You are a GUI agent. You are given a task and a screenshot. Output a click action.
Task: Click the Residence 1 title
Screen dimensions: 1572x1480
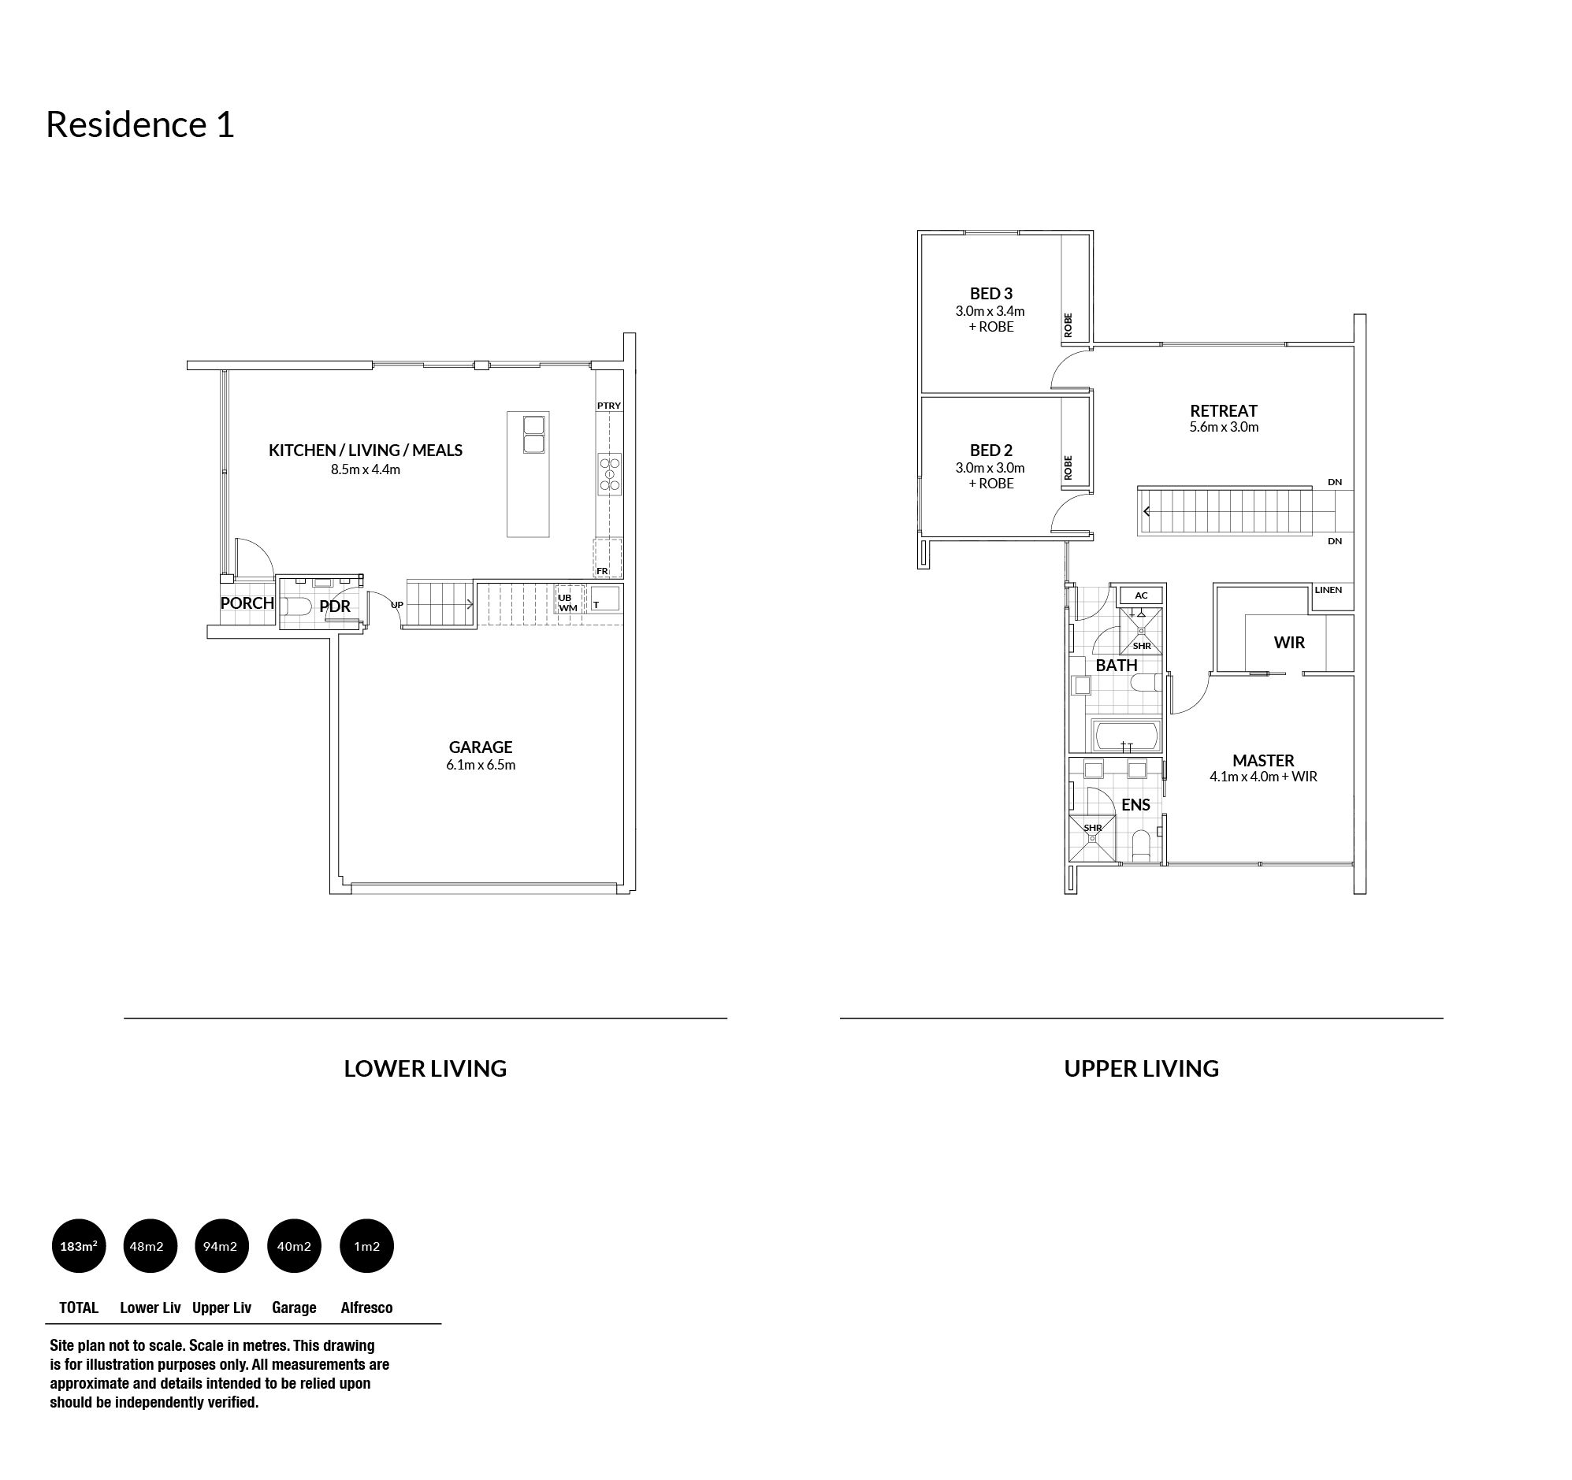click(140, 124)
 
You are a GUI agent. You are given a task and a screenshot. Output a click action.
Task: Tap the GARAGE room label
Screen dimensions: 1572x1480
click(481, 747)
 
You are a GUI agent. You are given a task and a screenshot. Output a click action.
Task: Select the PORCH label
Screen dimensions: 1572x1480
click(247, 603)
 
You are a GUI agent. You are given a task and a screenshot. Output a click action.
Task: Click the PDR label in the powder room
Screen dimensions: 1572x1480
click(334, 606)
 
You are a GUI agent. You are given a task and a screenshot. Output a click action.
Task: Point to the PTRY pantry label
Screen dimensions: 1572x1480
click(609, 406)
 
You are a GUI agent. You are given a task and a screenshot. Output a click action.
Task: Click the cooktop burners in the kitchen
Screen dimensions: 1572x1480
click(610, 473)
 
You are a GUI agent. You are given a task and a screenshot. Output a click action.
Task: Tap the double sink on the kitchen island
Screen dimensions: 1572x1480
click(534, 434)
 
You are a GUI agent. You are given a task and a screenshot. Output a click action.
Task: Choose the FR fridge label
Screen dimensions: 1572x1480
click(603, 571)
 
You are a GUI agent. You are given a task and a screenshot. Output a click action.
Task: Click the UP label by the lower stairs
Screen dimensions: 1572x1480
click(397, 605)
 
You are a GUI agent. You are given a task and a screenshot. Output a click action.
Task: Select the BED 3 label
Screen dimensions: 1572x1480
click(990, 294)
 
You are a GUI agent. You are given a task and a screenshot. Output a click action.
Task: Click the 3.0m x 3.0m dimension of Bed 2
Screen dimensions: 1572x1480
click(990, 467)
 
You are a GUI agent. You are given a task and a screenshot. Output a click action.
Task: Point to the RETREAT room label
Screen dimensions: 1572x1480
click(1223, 410)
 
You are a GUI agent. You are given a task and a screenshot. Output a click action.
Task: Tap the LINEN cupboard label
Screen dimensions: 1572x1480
click(1329, 590)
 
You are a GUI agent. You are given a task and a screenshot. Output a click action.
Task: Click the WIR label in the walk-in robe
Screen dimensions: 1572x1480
click(1289, 643)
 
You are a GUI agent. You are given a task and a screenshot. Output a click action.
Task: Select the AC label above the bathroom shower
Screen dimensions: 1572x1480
click(1141, 595)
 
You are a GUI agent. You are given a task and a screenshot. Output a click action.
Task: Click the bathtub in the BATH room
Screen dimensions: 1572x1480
click(1126, 735)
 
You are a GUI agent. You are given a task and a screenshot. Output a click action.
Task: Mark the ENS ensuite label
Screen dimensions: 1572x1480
click(1135, 805)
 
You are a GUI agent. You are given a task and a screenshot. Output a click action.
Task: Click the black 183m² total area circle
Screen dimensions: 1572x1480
click(78, 1246)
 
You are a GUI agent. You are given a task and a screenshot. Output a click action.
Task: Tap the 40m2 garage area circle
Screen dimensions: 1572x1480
click(294, 1246)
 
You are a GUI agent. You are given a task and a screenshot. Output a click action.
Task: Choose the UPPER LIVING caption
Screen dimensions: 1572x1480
click(1141, 1069)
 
